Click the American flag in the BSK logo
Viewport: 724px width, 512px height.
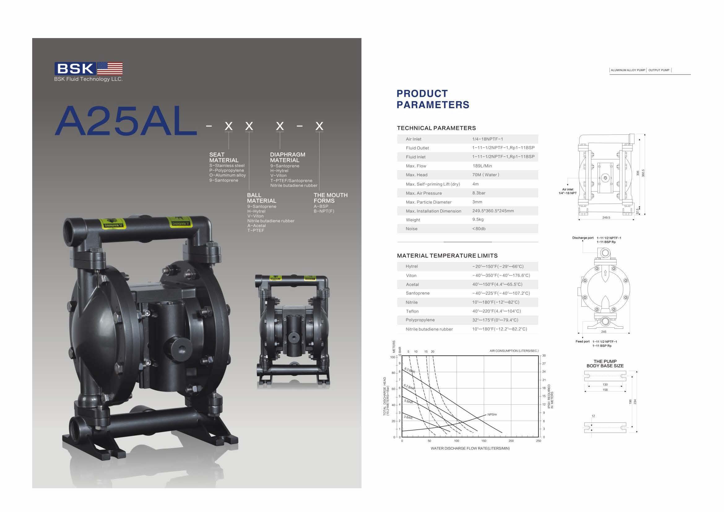tap(110, 68)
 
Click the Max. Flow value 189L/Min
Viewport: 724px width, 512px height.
tap(482, 166)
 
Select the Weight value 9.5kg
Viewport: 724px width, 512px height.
tap(478, 219)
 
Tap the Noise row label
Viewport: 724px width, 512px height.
tap(411, 228)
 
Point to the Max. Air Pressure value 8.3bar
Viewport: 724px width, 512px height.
tap(479, 193)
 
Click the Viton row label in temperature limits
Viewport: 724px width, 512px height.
tap(411, 276)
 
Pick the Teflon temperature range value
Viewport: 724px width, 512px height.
tap(496, 311)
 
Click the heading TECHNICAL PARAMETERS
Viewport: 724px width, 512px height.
tap(436, 128)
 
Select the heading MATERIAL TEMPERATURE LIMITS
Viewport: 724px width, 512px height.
tap(447, 256)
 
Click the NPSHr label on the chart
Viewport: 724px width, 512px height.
tap(492, 414)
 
